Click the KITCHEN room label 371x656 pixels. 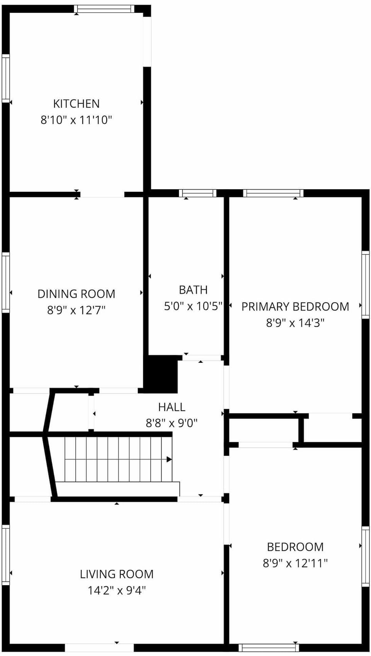click(x=76, y=104)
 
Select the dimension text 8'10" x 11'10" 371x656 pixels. click(x=76, y=120)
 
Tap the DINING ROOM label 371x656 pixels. click(x=76, y=294)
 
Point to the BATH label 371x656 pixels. click(x=193, y=290)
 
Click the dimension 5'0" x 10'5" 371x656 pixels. click(x=193, y=306)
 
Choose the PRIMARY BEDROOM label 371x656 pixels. click(x=295, y=307)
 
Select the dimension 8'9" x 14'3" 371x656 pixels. click(x=295, y=323)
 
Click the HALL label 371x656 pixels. click(x=172, y=407)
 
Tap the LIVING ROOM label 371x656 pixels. click(x=116, y=574)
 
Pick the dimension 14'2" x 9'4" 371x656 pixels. click(x=116, y=591)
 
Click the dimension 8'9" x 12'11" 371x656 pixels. click(x=295, y=563)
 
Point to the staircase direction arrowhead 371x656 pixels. click(x=169, y=460)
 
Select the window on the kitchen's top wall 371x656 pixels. click(x=104, y=9)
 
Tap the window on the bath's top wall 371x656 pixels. click(x=197, y=193)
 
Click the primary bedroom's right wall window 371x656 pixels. click(x=365, y=284)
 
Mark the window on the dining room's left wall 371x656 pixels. click(x=5, y=282)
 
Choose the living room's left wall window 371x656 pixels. click(x=5, y=555)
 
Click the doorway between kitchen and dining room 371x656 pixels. click(x=102, y=194)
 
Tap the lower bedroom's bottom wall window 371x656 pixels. click(x=268, y=647)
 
